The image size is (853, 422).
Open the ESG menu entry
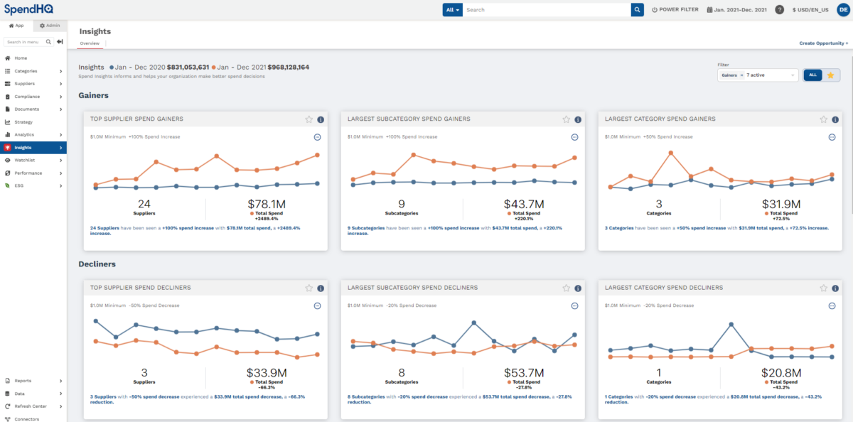coord(19,185)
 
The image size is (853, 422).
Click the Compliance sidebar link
coord(27,97)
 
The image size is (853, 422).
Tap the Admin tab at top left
coord(50,26)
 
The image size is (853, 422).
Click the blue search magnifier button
coord(637,10)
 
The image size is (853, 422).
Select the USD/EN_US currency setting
coord(815,10)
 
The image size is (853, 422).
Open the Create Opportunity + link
coord(823,43)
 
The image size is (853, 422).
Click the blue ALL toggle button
coord(812,75)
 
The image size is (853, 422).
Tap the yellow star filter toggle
coord(830,75)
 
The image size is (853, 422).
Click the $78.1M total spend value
coord(267,205)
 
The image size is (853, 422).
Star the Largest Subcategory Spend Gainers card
coord(566,119)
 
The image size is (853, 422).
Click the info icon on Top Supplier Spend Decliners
coord(321,288)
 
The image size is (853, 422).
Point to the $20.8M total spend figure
coord(781,373)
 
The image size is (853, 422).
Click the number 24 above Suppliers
coord(144,205)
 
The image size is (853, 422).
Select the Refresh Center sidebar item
coord(31,406)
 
